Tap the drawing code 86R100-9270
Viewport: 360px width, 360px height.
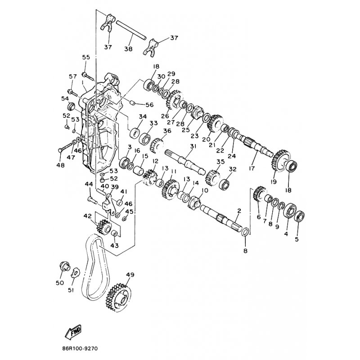click(x=80, y=348)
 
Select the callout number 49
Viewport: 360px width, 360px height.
click(x=130, y=274)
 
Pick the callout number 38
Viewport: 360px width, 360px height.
click(x=129, y=49)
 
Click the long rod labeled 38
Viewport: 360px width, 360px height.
click(x=131, y=31)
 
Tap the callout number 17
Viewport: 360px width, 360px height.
click(x=252, y=168)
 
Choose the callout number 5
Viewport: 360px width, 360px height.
click(x=297, y=239)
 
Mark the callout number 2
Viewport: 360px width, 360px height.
click(x=239, y=211)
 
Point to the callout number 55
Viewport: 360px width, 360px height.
click(x=86, y=57)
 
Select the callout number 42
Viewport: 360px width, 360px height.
click(x=87, y=216)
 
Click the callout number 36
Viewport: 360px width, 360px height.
click(x=167, y=131)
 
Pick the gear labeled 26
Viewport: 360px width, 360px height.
click(x=174, y=100)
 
